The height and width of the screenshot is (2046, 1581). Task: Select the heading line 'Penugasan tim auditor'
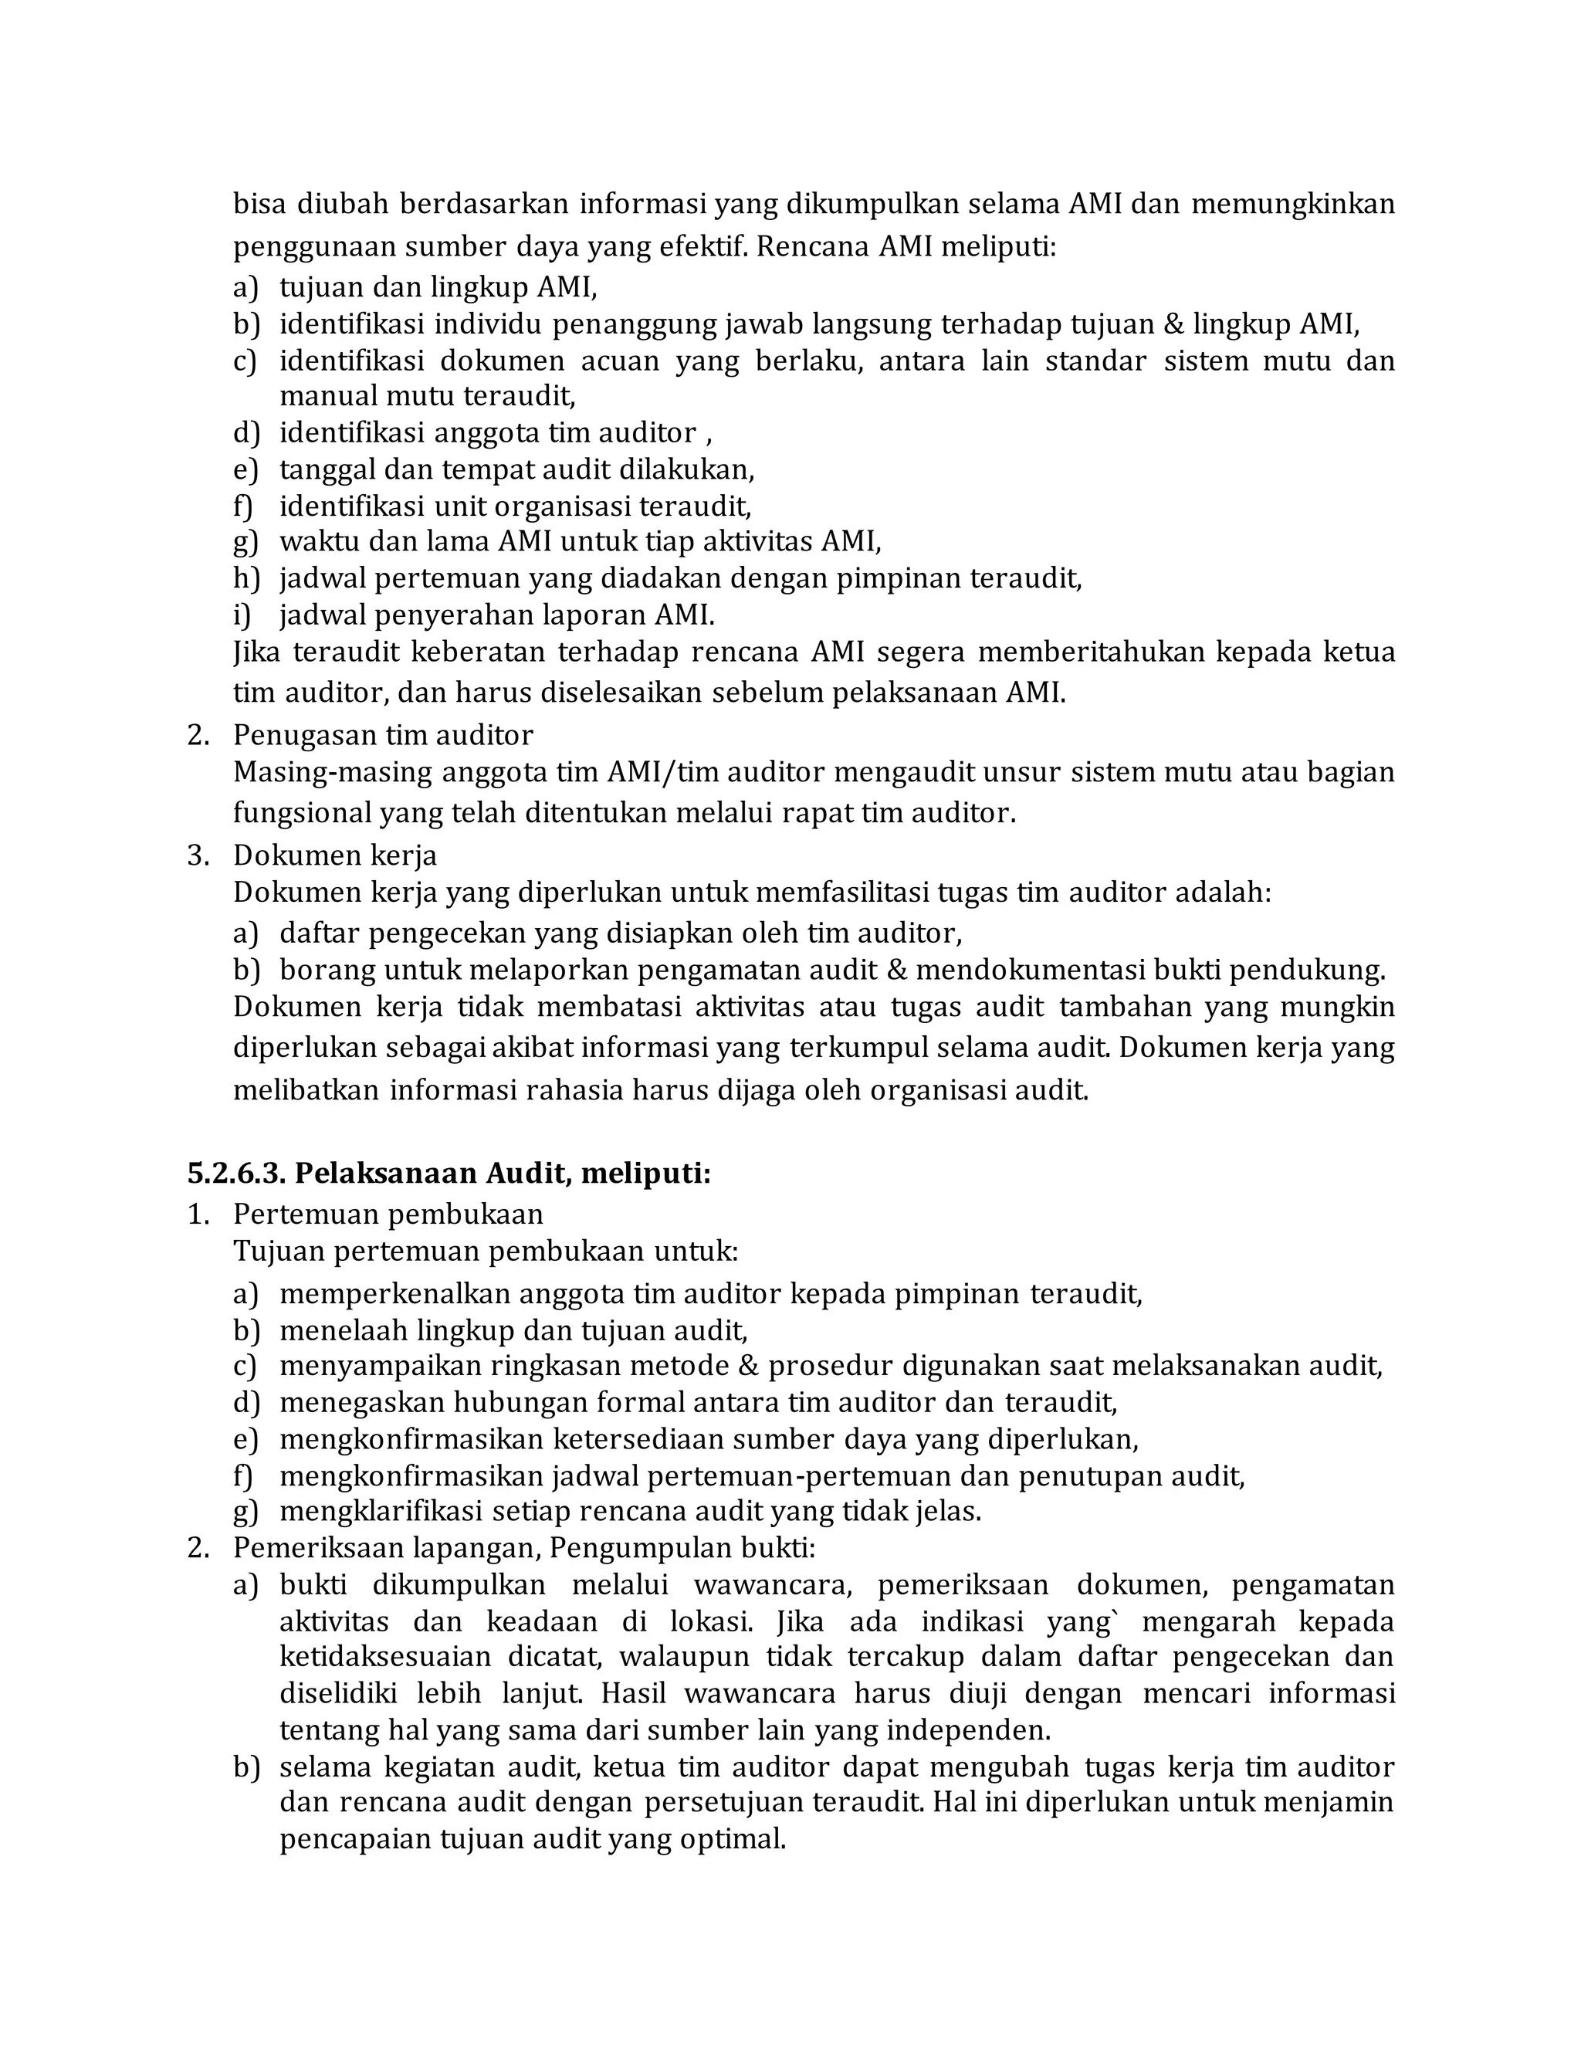[383, 734]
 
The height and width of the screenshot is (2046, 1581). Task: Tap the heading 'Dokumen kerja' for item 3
[334, 855]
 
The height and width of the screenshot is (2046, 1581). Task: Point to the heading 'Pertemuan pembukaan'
[388, 1214]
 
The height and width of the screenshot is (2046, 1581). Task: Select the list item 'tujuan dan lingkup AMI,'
[438, 286]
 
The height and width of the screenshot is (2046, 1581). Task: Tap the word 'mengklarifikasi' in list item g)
[381, 1511]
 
